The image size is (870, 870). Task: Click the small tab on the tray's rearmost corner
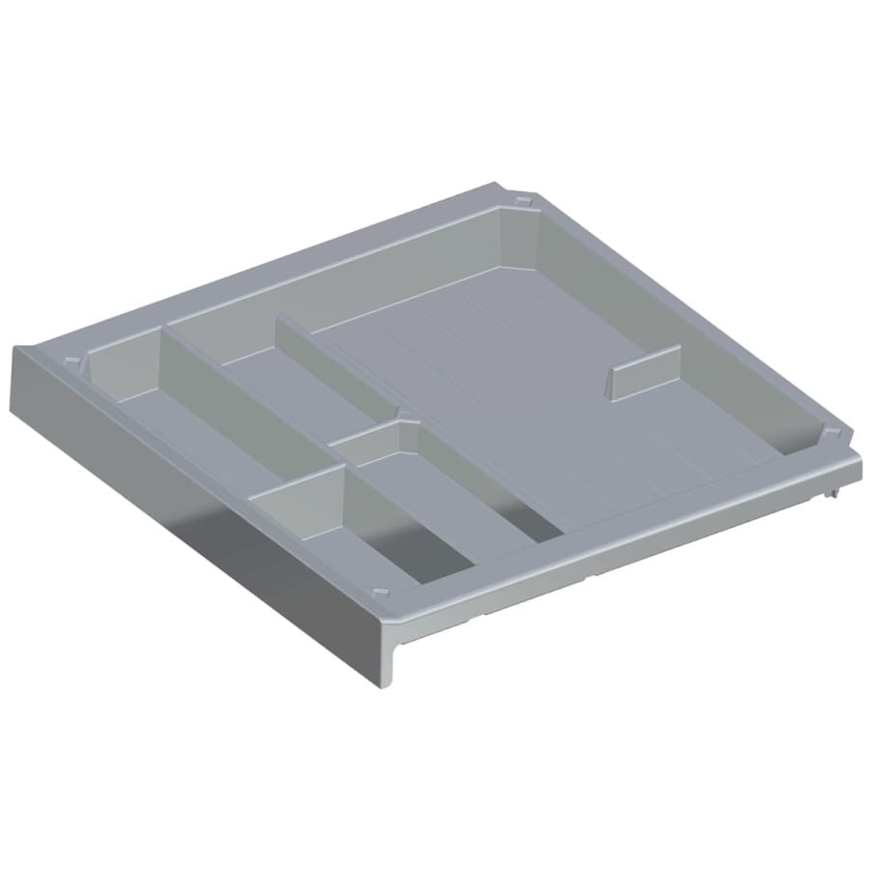coord(523,200)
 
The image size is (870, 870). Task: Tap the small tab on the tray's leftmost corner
coord(72,361)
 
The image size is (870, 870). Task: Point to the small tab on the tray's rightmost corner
coord(830,430)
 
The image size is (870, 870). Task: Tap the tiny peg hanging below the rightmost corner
coord(831,495)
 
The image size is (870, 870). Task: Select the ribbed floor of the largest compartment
coord(541,406)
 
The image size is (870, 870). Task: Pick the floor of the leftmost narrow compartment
coord(193,435)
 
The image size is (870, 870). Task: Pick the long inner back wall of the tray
coord(338,280)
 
